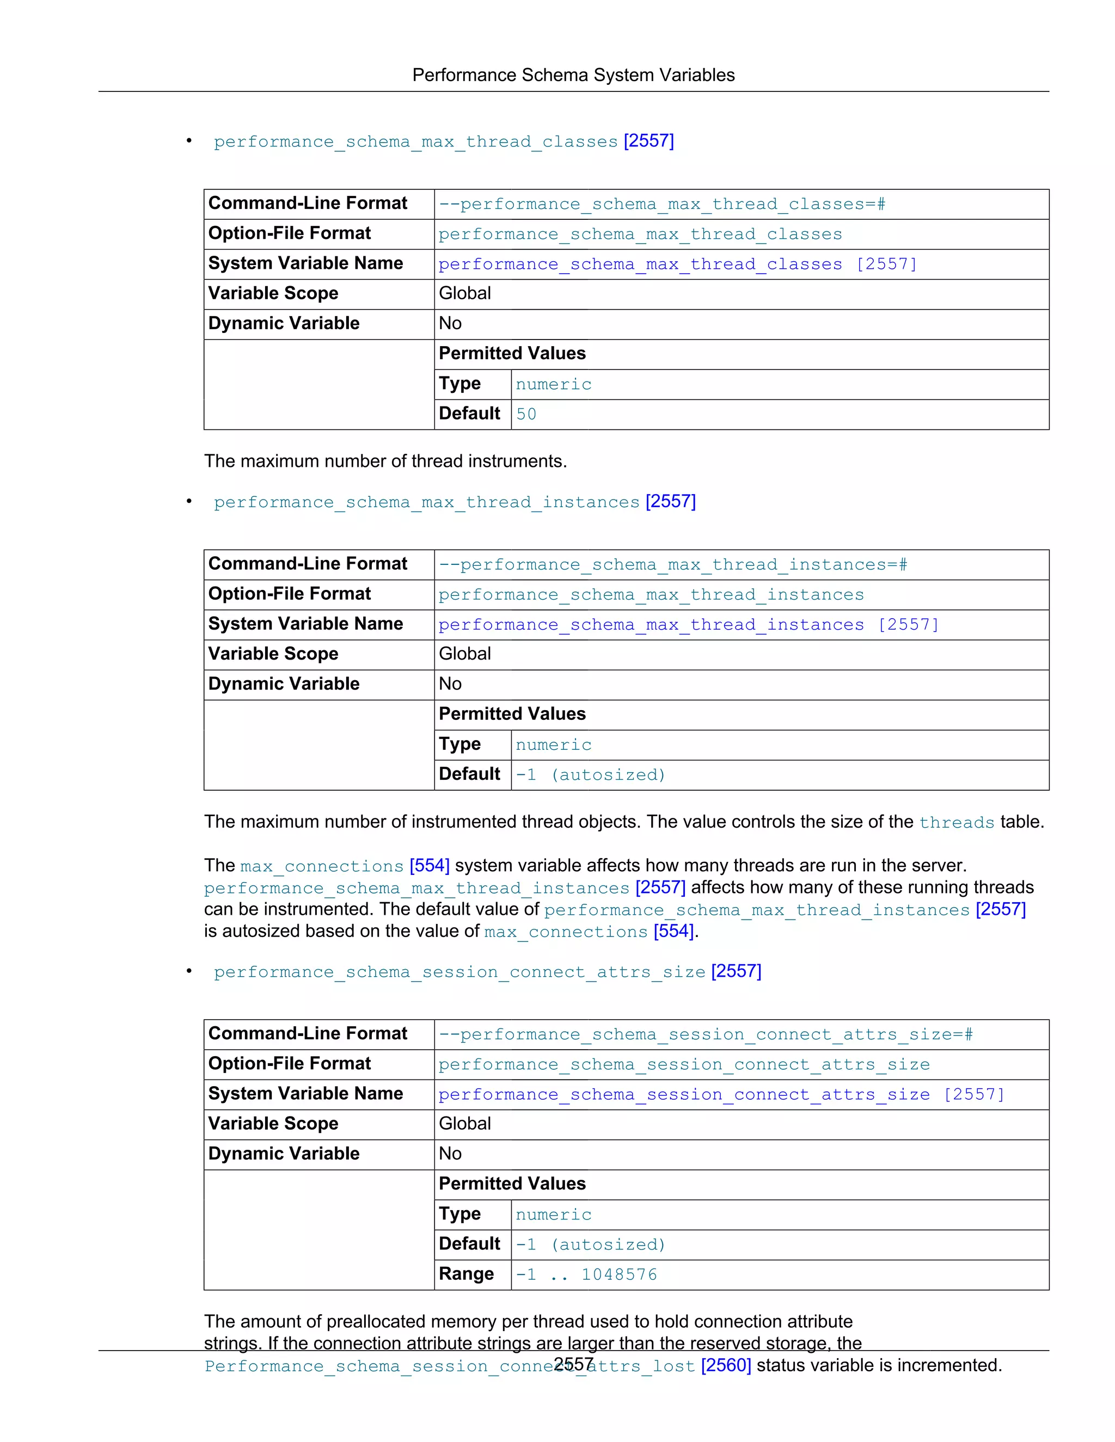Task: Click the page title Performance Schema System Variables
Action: click(573, 75)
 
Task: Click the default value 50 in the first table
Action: click(526, 414)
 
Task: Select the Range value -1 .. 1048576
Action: click(586, 1274)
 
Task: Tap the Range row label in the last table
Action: click(467, 1274)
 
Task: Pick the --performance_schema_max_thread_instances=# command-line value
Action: click(672, 564)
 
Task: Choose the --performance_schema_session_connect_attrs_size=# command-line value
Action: click(706, 1034)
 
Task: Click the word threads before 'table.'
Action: click(956, 823)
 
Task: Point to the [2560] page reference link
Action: click(725, 1365)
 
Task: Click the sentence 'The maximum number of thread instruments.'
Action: click(385, 461)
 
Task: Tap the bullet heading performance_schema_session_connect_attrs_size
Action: click(459, 972)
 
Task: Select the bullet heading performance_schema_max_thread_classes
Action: click(415, 142)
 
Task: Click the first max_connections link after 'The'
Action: click(322, 866)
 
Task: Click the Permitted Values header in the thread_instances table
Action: click(512, 714)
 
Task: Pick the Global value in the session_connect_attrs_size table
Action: click(464, 1123)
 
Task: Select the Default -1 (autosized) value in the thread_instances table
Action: click(590, 774)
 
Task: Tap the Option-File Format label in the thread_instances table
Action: click(289, 594)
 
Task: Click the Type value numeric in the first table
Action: click(553, 384)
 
